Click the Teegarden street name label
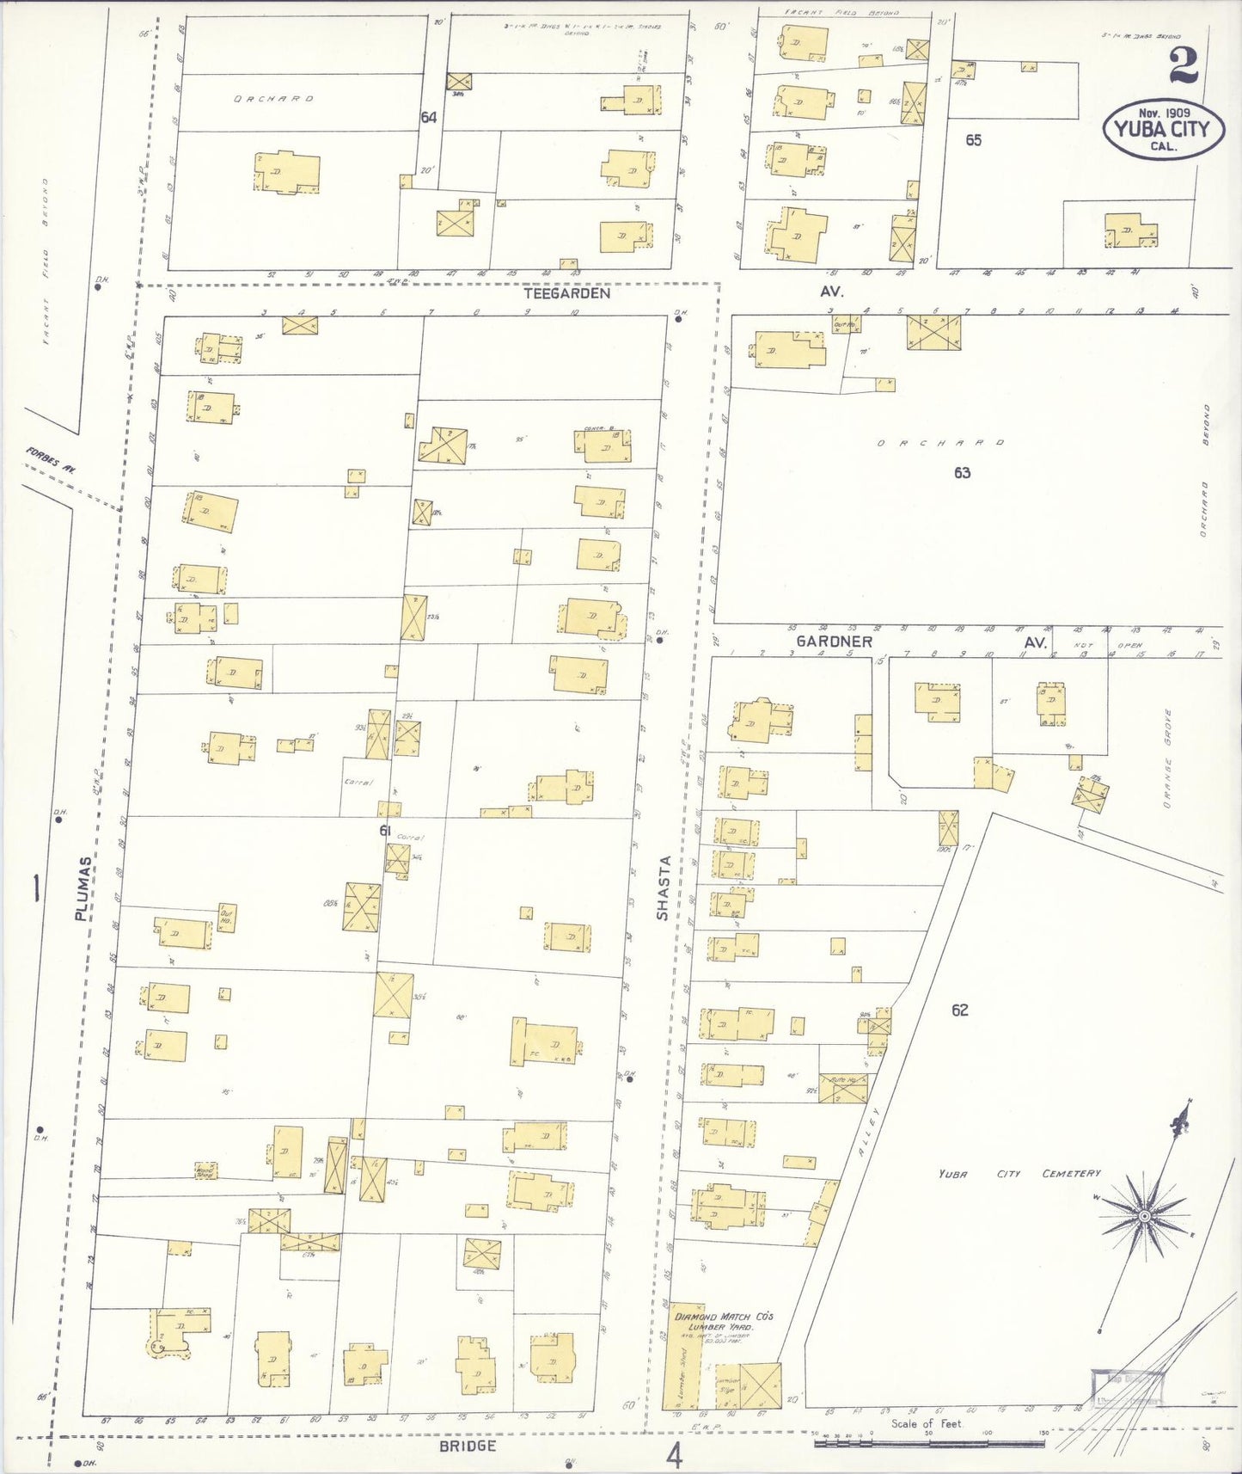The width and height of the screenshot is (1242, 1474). (x=566, y=293)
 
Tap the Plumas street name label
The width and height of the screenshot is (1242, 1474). (x=83, y=887)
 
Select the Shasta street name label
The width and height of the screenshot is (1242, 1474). (x=663, y=887)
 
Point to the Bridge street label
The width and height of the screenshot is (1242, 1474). (x=467, y=1446)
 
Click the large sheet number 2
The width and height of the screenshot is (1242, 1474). (x=1183, y=66)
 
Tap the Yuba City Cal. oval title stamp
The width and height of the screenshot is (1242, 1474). (x=1163, y=129)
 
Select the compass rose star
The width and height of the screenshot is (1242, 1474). (x=1144, y=1215)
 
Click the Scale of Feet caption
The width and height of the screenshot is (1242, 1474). (x=927, y=1423)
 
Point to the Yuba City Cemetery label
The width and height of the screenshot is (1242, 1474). (x=1019, y=1174)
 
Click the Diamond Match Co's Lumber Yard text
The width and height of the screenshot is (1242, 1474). (x=724, y=1322)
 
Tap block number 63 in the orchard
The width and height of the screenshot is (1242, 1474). (x=962, y=472)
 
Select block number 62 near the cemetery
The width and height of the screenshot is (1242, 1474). (x=960, y=1010)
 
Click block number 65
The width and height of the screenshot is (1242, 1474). (x=973, y=139)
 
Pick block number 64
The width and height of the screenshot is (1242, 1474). (x=428, y=117)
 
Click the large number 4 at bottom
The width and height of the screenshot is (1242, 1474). (x=675, y=1457)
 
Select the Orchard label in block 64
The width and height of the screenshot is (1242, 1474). (x=273, y=99)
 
